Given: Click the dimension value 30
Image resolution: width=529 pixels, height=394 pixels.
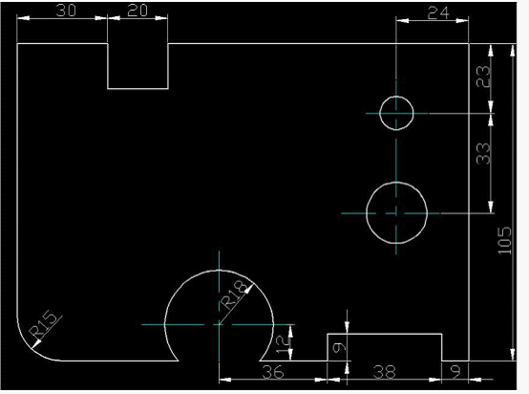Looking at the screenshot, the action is pyautogui.click(x=66, y=11).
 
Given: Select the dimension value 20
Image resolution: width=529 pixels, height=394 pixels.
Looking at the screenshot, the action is pyautogui.click(x=138, y=11).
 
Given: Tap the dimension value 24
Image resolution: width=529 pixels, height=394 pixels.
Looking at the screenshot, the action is pyautogui.click(x=438, y=13).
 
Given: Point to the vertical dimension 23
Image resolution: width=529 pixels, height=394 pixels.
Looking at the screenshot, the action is pyautogui.click(x=483, y=77).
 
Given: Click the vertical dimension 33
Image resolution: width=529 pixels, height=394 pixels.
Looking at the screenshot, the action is pyautogui.click(x=483, y=153).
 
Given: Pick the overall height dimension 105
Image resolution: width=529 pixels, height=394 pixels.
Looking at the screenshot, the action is pyautogui.click(x=505, y=241).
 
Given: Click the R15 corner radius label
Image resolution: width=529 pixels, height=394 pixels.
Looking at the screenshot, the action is pyautogui.click(x=43, y=324).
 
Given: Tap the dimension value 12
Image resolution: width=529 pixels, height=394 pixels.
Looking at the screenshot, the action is pyautogui.click(x=284, y=343).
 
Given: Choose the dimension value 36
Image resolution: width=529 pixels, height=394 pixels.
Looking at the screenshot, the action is pyautogui.click(x=273, y=372).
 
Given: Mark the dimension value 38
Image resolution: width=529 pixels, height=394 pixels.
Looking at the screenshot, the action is pyautogui.click(x=384, y=372).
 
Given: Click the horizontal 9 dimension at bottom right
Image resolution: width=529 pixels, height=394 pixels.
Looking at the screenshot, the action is pyautogui.click(x=455, y=372).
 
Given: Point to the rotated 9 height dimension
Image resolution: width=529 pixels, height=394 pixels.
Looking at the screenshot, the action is pyautogui.click(x=339, y=347).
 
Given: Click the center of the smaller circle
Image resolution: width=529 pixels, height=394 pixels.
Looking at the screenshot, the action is pyautogui.click(x=396, y=113).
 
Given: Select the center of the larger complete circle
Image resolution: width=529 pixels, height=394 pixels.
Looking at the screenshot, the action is pyautogui.click(x=396, y=213).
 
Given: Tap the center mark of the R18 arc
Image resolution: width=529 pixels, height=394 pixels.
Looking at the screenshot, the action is pyautogui.click(x=219, y=324).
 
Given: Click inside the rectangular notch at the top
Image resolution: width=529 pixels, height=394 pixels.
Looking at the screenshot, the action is pyautogui.click(x=138, y=66).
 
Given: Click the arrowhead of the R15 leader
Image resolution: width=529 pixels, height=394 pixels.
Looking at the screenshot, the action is pyautogui.click(x=35, y=344).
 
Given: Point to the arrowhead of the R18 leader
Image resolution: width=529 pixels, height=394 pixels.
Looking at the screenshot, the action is pyautogui.click(x=249, y=289).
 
